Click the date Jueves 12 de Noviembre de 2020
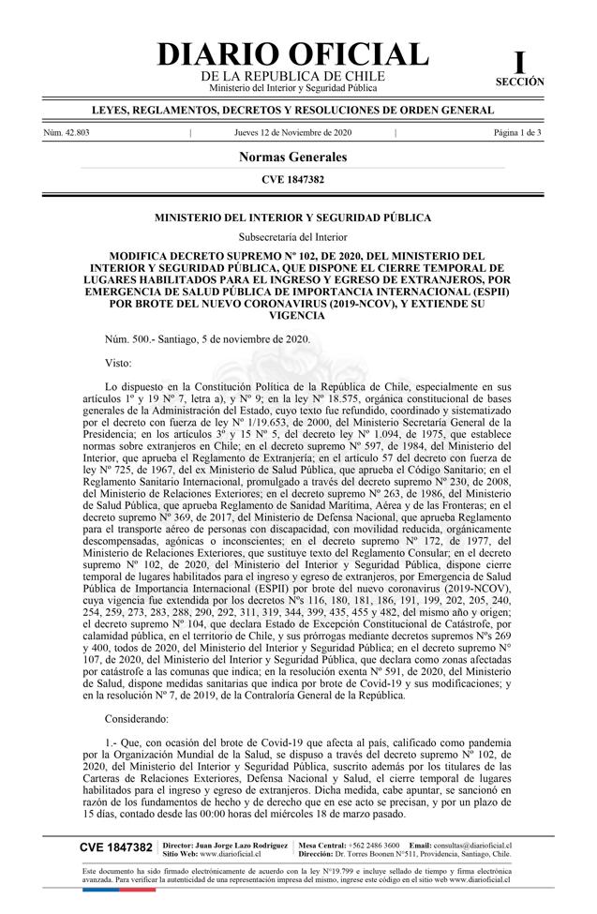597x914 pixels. click(292, 133)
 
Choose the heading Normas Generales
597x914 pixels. click(292, 157)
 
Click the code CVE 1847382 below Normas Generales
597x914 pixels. click(292, 179)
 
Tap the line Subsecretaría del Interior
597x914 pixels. click(292, 237)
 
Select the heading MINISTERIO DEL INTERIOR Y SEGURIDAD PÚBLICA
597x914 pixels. click(292, 217)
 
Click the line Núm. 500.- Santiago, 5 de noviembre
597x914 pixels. click(207, 339)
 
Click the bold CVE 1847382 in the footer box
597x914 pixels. click(116, 847)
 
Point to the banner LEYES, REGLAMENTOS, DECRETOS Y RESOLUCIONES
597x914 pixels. click(292, 111)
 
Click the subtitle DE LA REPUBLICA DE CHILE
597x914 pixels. click(292, 76)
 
